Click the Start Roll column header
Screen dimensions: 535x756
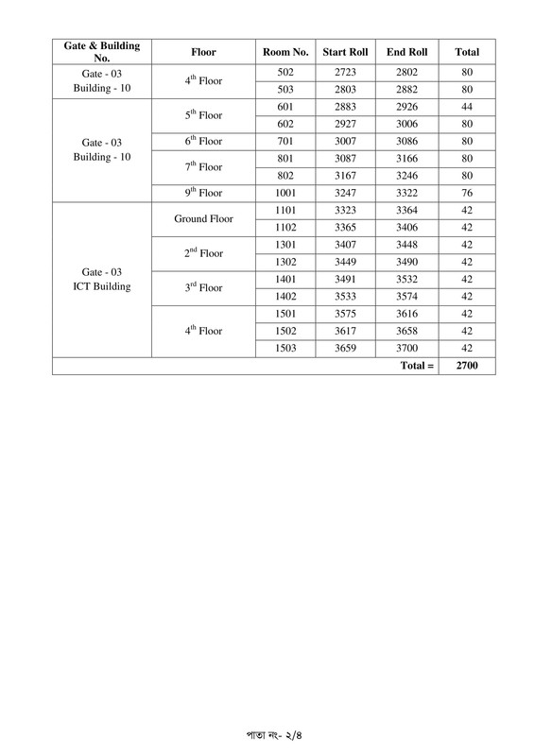coord(346,52)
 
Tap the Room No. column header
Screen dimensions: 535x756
coord(285,52)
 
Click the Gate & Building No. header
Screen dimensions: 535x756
coord(101,52)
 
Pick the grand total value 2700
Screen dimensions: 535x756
coord(467,365)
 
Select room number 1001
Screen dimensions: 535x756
coord(285,192)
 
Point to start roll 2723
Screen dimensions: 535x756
coord(346,73)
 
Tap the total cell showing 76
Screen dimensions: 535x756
coord(467,192)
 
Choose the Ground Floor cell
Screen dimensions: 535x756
coord(203,218)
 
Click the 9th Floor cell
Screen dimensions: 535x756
coord(203,193)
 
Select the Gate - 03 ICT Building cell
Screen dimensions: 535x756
coord(101,279)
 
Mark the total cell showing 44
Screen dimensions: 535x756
coord(467,107)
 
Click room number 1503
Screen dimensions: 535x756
coord(285,347)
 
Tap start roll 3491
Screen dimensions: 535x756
coord(346,279)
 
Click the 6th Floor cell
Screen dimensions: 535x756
coord(203,142)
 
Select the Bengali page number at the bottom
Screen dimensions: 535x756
coord(267,734)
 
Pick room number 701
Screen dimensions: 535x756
coord(285,141)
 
